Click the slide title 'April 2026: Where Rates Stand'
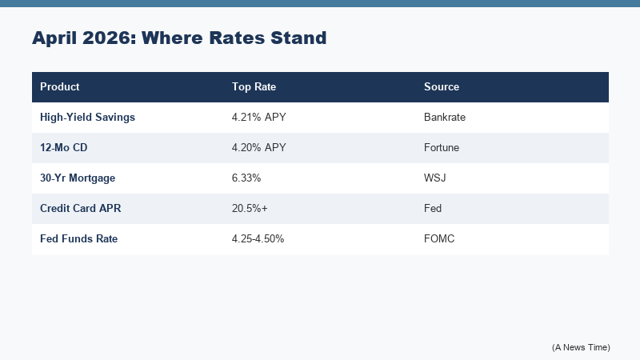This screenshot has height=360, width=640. coord(179,38)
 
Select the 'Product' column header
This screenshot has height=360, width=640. coord(60,86)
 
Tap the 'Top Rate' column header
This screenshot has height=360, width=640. coord(254,86)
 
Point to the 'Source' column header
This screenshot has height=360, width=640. coord(442,86)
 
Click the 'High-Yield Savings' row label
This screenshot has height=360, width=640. coord(87,117)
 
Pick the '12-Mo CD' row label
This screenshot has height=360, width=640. coord(64,147)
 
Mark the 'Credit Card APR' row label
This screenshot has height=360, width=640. coord(81,208)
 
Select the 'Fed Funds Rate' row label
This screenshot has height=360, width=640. coord(79,238)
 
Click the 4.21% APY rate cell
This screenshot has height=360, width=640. coord(259,117)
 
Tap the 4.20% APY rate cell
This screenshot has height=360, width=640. coord(259,147)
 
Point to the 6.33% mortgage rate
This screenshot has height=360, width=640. coord(247,178)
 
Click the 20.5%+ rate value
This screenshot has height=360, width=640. coord(250,208)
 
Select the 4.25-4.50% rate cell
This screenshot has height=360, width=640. coord(258,238)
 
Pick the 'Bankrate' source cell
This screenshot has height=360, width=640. coord(445,117)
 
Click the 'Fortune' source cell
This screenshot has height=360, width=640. coord(442,147)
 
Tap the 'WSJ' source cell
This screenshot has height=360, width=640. coord(435,178)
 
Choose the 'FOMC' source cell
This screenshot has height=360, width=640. coord(439,238)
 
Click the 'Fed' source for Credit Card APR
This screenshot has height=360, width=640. coord(433,208)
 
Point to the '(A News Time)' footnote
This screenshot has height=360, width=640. coord(581,346)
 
